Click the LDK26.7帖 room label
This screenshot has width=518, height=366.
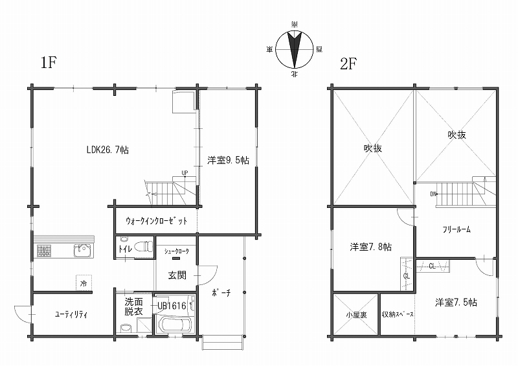pyautogui.click(x=107, y=150)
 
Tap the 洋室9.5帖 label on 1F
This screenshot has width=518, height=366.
pyautogui.click(x=229, y=161)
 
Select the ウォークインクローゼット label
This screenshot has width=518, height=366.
pyautogui.click(x=157, y=221)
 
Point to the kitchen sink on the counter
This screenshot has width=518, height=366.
pyautogui.click(x=82, y=251)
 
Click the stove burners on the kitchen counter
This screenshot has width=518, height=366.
pyautogui.click(x=43, y=251)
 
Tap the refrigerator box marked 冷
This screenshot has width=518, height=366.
pyautogui.click(x=84, y=283)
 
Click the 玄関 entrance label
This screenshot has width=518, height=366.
pyautogui.click(x=177, y=275)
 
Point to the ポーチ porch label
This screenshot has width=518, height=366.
pyautogui.click(x=221, y=293)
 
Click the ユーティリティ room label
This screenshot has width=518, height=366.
pyautogui.click(x=71, y=314)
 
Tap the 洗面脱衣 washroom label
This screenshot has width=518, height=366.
pyautogui.click(x=134, y=307)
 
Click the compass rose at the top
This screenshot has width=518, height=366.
pyautogui.click(x=295, y=49)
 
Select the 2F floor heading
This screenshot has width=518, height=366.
pyautogui.click(x=349, y=63)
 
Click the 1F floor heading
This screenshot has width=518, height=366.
pyautogui.click(x=49, y=62)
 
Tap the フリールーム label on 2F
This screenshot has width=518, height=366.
pyautogui.click(x=456, y=229)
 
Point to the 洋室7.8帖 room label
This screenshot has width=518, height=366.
pyautogui.click(x=371, y=247)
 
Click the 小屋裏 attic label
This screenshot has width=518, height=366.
pyautogui.click(x=356, y=315)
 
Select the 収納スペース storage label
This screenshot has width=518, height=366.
pyautogui.click(x=398, y=314)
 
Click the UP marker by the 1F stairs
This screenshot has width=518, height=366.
pyautogui.click(x=185, y=173)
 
